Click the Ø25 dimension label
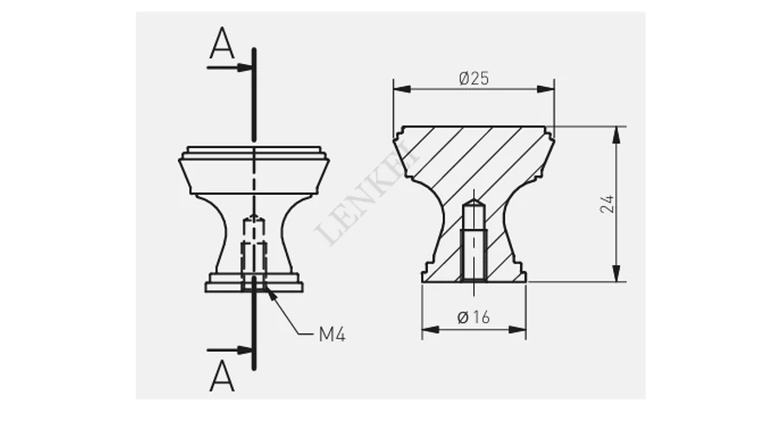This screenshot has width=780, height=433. click(473, 78)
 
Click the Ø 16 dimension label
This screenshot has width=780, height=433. click(473, 317)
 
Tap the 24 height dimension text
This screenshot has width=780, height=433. click(607, 204)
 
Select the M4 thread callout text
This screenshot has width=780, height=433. click(332, 334)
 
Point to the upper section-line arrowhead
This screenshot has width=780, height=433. click(244, 68)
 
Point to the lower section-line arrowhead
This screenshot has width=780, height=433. click(244, 350)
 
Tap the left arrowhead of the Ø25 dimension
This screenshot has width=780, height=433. click(402, 89)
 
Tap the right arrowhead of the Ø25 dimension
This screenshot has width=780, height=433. click(546, 89)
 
